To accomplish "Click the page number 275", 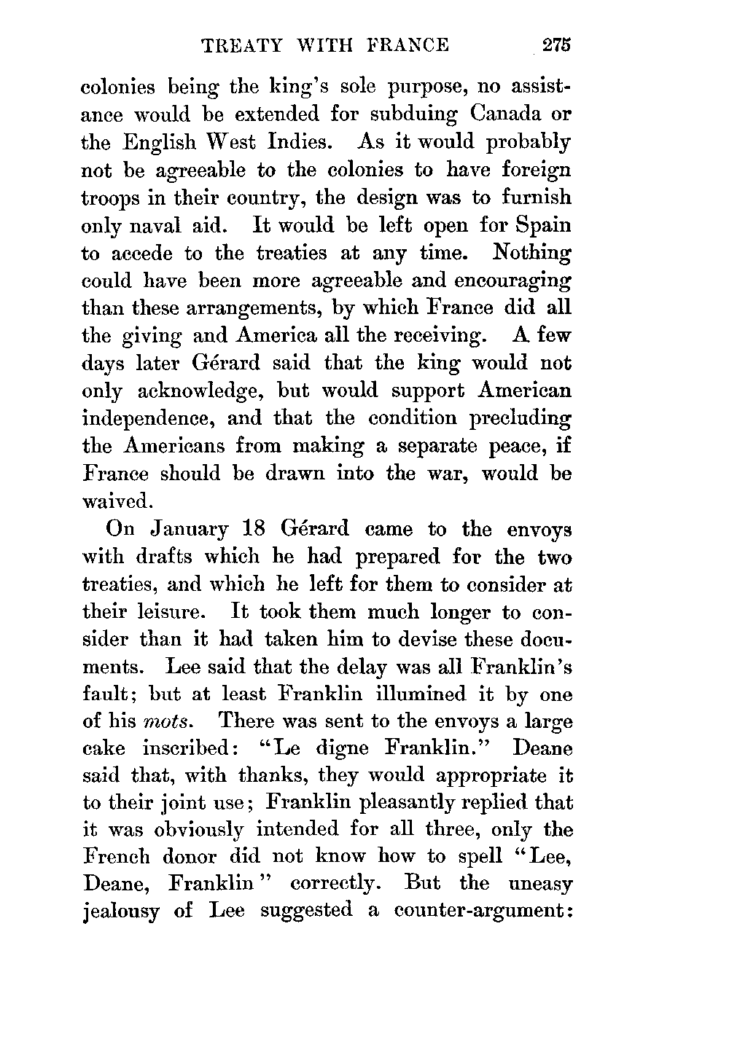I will pyautogui.click(x=555, y=45).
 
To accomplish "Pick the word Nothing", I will pyautogui.click(x=532, y=253).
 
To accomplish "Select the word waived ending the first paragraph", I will pyautogui.click(x=117, y=501).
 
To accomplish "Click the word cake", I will pyautogui.click(x=105, y=749).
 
